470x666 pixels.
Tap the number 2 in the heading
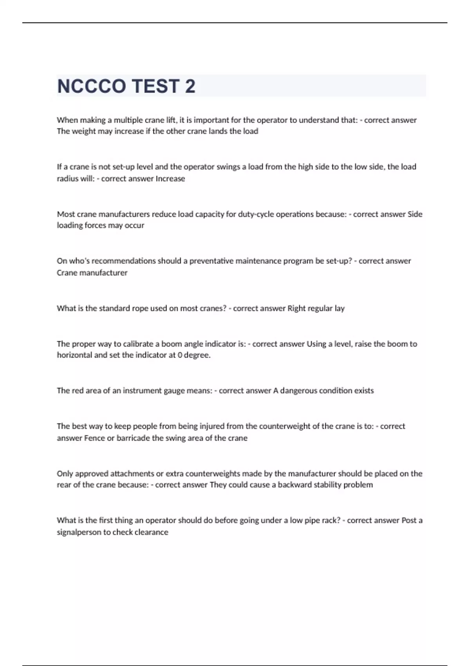tap(190, 86)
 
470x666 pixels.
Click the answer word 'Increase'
tap(170, 179)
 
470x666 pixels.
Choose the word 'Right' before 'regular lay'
tap(296, 308)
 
